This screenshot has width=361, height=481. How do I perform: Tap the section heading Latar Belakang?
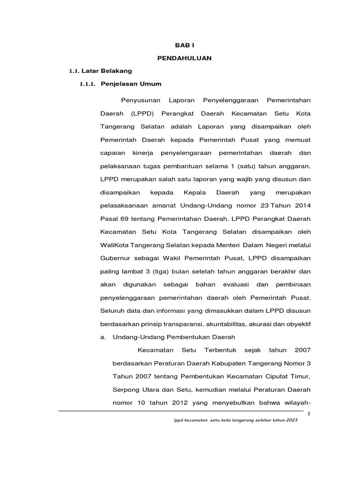point(107,71)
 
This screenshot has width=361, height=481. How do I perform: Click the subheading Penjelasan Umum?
point(131,84)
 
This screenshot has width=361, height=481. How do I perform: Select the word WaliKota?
point(115,245)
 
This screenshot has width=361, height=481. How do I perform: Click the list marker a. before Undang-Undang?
point(103,337)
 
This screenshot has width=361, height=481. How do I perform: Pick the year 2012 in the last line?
point(188,403)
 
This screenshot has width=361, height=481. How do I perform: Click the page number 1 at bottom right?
point(309,414)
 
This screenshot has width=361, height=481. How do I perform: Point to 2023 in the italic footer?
point(291,420)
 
